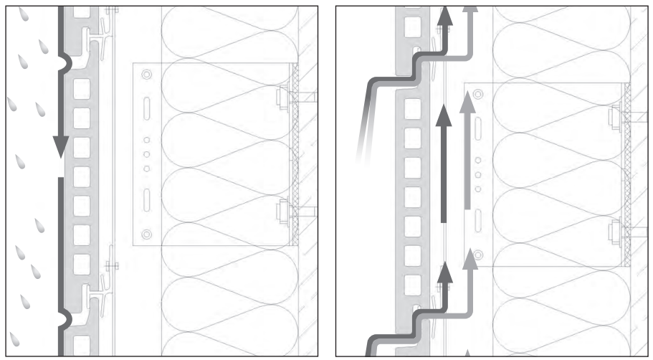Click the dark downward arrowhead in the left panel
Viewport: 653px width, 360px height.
coord(61,146)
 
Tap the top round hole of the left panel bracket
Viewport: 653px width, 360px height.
coord(147,75)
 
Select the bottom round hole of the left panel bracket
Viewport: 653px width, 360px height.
coord(147,234)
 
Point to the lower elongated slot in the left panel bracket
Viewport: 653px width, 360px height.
coord(147,200)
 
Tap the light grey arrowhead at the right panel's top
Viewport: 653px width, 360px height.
coord(470,9)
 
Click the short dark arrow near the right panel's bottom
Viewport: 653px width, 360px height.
coord(445,277)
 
